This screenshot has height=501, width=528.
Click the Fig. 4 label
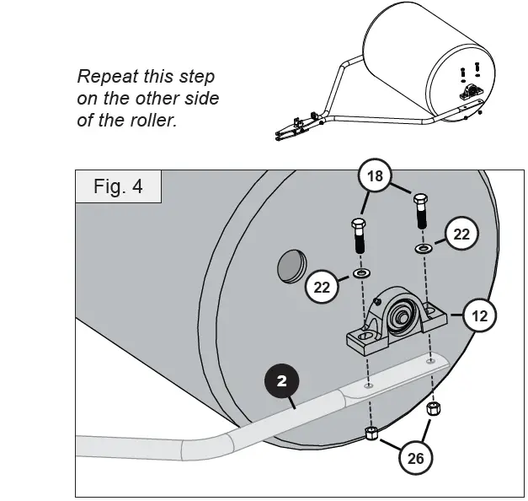118,186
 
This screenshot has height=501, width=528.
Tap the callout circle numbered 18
376,176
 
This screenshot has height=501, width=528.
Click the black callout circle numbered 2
282,381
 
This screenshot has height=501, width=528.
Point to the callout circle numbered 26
415,458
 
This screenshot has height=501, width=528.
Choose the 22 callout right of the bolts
461,234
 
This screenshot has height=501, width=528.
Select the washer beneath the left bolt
361,273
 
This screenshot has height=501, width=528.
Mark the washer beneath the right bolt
422,249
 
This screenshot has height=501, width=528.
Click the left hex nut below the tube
371,434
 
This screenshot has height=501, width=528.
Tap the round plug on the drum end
291,267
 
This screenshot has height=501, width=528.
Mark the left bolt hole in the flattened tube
368,384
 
